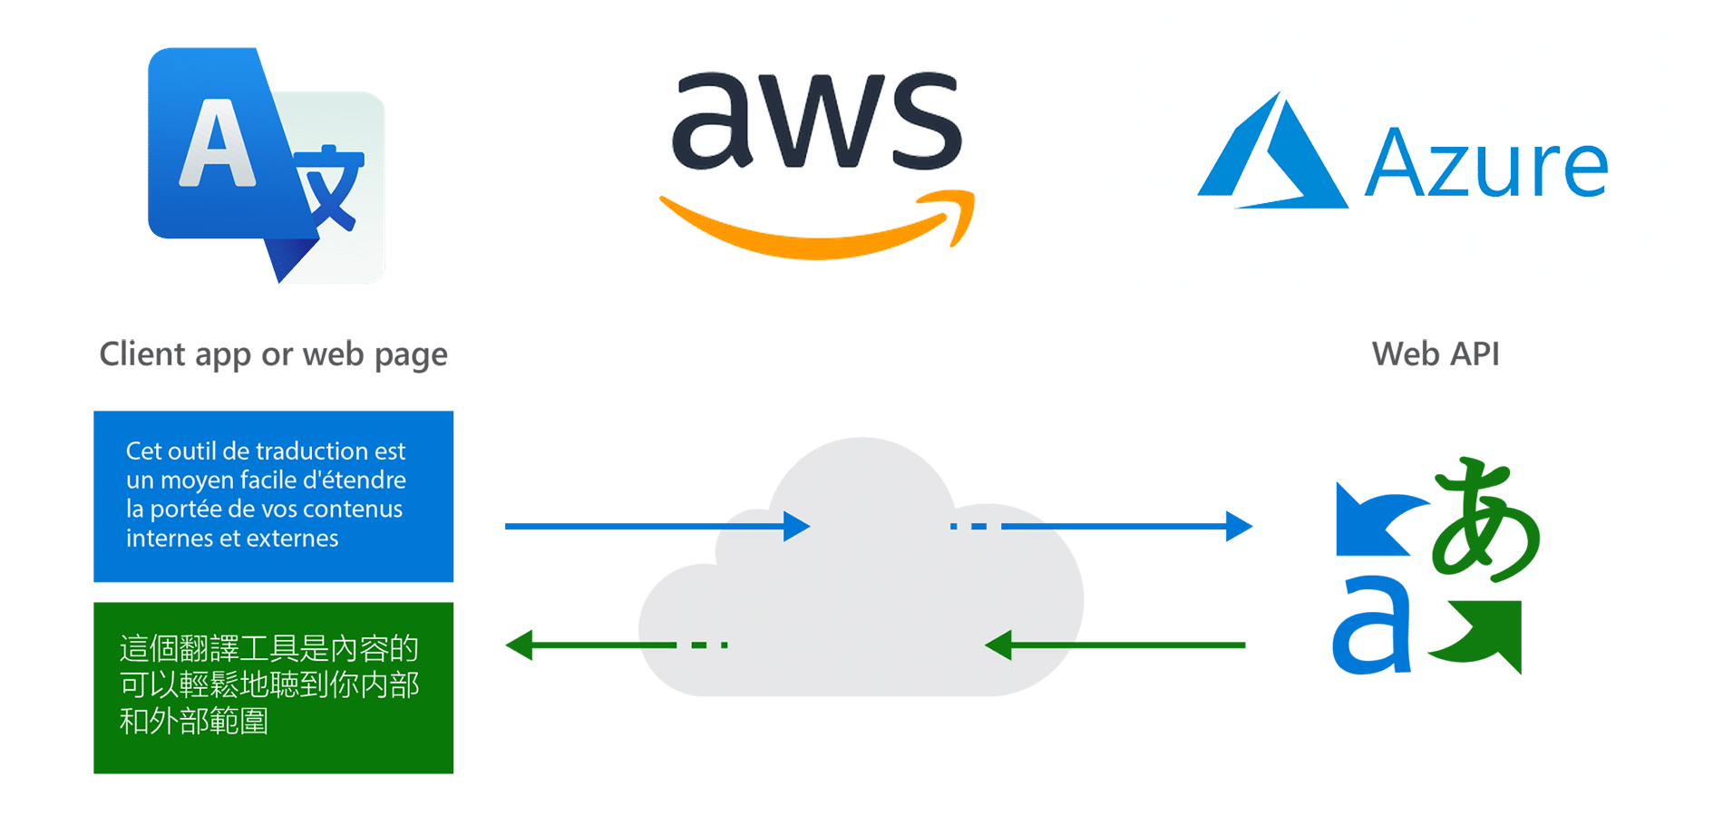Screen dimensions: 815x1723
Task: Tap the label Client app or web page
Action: coord(273,354)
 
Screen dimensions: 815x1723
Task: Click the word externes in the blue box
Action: coord(293,538)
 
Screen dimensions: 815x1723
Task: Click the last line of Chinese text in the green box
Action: coord(194,722)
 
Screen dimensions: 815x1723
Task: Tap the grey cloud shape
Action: coord(861,589)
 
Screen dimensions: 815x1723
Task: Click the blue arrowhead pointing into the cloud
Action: coord(796,526)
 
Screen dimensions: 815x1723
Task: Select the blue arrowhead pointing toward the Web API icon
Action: coord(1238,526)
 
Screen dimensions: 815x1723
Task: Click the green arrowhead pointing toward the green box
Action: coord(520,645)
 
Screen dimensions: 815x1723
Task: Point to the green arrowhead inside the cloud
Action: coord(998,645)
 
